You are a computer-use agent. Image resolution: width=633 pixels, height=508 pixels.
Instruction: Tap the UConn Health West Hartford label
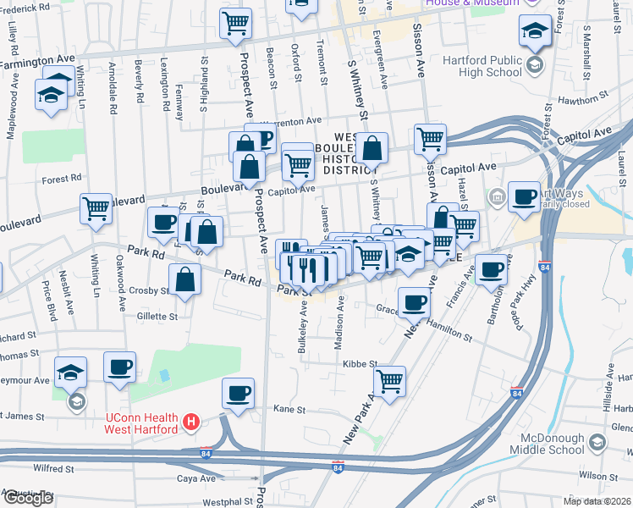tap(140, 422)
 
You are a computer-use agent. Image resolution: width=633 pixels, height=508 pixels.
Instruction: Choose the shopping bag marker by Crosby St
tap(184, 279)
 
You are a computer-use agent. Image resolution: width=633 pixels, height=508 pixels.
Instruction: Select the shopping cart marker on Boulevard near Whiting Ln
tap(96, 207)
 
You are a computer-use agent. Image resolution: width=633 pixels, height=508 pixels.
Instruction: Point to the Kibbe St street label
tap(360, 363)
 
